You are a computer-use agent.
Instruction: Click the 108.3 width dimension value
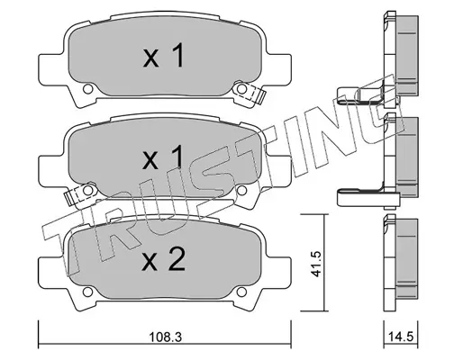coord(166,337)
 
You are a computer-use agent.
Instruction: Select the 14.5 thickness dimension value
coord(401,337)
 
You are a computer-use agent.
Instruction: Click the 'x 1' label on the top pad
coord(163,56)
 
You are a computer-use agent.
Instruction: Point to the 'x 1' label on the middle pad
coord(163,157)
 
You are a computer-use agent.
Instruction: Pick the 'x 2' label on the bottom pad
coord(164,259)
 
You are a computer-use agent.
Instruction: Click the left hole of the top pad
coord(87,89)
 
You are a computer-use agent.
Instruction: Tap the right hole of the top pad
coord(241,89)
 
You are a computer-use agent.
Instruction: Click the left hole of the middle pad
coord(87,190)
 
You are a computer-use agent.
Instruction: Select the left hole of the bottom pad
coord(87,292)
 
